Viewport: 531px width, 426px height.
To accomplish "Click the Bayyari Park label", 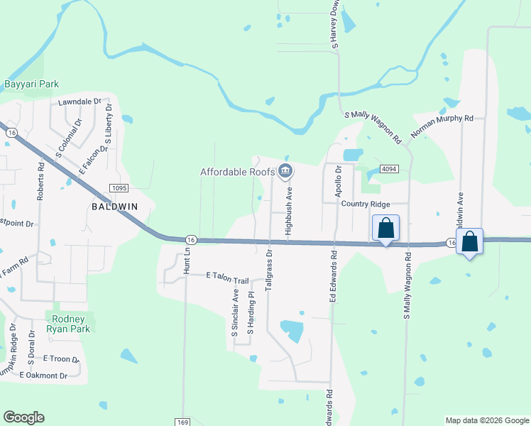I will (x=32, y=84).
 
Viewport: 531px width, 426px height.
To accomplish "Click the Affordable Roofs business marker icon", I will (x=285, y=170).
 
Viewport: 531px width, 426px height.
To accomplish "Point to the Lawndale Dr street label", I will (x=80, y=102).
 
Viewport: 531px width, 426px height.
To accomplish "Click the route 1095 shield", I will (x=119, y=187).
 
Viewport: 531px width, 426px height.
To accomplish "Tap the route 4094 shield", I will (x=388, y=169).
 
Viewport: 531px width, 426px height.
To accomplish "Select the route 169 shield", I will (x=185, y=421).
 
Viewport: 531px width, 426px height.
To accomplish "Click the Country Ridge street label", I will (x=366, y=204).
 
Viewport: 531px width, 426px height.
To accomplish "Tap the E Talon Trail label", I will (x=228, y=275).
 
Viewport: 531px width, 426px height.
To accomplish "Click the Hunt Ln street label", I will (x=187, y=261).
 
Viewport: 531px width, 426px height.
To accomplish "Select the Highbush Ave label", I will (x=289, y=212).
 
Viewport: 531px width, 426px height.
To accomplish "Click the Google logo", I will (x=23, y=417).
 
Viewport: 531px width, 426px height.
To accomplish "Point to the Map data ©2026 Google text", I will (x=486, y=420).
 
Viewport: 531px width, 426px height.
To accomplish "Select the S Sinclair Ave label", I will (x=234, y=313).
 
